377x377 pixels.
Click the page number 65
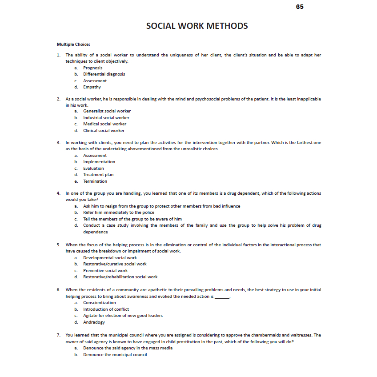point(300,7)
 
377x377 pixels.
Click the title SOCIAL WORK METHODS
point(197,26)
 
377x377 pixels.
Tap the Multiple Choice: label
point(73,44)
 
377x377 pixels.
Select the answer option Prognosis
point(92,68)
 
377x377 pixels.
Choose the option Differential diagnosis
point(104,74)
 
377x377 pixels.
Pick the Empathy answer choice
point(92,87)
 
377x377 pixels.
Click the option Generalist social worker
point(107,111)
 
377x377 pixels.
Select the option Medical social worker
point(104,124)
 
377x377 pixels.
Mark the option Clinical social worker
point(104,131)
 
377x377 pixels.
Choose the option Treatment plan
point(98,175)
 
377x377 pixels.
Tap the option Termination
point(95,181)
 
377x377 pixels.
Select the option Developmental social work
point(110,258)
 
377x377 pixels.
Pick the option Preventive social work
point(105,271)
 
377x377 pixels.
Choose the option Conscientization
point(100,303)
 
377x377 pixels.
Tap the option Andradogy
point(94,322)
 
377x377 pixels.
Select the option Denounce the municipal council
point(115,355)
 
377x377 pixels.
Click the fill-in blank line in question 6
point(222,297)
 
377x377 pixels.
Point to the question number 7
point(59,335)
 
